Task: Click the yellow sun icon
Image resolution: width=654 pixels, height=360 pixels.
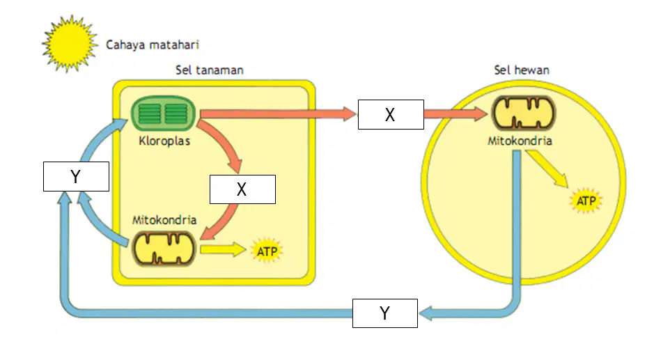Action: (x=70, y=43)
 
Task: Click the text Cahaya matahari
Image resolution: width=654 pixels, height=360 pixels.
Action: (x=153, y=45)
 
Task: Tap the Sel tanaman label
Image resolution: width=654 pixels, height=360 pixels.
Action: (x=210, y=70)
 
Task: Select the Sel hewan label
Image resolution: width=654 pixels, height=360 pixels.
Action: (x=522, y=70)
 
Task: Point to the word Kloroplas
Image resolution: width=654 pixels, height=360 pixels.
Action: (x=164, y=141)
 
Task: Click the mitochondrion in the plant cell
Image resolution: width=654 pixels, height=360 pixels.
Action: (x=164, y=249)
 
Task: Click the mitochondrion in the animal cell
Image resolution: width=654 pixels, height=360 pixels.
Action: (x=524, y=113)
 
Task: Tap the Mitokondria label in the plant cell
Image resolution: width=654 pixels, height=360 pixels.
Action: (x=164, y=220)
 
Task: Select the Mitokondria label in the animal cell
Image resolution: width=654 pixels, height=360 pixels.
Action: (x=520, y=141)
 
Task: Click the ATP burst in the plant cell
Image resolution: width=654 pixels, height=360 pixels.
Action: (x=267, y=251)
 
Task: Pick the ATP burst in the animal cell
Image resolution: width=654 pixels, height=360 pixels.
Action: (x=586, y=201)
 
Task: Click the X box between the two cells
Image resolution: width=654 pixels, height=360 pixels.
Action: (x=391, y=115)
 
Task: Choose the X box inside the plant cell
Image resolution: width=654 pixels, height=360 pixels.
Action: (x=242, y=189)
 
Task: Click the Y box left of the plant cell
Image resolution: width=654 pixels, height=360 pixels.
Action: (x=76, y=176)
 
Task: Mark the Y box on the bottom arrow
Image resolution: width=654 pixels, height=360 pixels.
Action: (x=385, y=313)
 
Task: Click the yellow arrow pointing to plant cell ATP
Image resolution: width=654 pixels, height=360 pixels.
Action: (x=223, y=249)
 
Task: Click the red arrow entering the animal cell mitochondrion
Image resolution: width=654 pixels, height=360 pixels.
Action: (x=456, y=114)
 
